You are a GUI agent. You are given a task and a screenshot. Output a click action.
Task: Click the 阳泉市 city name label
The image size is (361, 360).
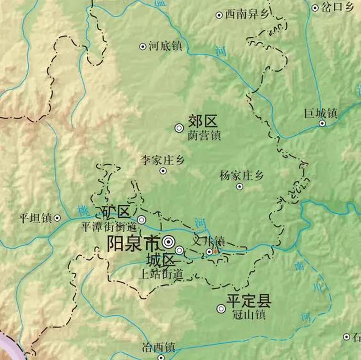133,243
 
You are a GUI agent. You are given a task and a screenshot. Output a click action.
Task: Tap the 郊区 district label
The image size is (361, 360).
203,122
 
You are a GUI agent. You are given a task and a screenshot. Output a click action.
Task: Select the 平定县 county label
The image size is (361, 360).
249,301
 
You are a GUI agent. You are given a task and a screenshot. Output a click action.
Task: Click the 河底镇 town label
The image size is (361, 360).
165,46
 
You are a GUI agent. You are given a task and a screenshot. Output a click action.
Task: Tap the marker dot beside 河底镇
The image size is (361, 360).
143,46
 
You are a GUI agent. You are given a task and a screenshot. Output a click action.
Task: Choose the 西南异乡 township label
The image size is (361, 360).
247,14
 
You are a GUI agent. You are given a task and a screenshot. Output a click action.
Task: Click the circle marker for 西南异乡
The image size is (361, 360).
219,15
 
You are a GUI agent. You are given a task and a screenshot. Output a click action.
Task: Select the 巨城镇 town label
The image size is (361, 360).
321,114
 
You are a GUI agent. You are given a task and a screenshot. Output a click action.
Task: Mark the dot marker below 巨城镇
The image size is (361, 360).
322,123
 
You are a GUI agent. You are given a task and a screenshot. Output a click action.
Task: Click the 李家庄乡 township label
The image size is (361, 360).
163,161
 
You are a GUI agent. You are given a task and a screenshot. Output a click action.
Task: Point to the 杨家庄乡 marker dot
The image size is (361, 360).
240,186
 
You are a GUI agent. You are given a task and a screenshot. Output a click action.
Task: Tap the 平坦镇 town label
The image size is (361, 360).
36,218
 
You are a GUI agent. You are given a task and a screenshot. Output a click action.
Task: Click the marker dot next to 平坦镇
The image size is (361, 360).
57,218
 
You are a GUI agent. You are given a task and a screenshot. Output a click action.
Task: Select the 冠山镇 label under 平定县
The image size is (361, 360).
249,314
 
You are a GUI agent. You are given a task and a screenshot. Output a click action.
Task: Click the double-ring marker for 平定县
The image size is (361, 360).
221,309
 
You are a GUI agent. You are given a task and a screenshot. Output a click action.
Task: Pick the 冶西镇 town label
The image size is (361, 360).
158,347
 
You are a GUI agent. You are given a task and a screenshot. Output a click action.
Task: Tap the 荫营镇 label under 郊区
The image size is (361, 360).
204,135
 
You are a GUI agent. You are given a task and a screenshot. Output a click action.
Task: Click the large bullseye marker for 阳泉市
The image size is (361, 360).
169,242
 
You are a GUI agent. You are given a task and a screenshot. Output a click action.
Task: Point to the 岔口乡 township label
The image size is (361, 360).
337,8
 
